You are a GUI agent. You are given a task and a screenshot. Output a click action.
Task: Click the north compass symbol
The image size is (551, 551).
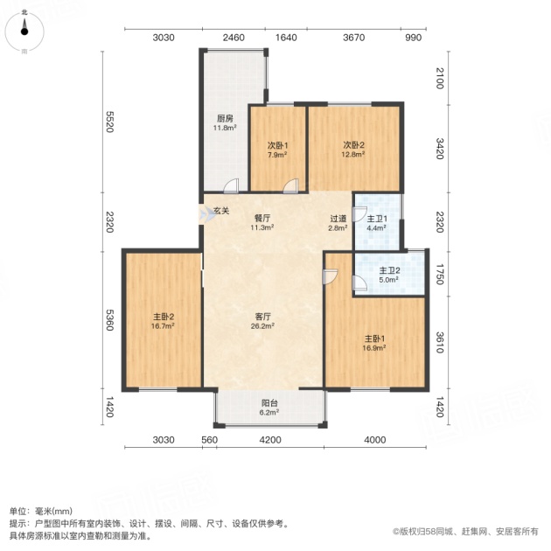(24, 31)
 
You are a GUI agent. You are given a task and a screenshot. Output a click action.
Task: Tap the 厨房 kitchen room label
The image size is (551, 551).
(225, 118)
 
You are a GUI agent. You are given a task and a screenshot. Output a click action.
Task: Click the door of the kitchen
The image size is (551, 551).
(231, 185)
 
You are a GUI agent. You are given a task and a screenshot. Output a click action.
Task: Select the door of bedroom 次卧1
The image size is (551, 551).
(290, 185)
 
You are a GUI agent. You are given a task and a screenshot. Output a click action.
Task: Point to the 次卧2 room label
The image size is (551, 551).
(353, 145)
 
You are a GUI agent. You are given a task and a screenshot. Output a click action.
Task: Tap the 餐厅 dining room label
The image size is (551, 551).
(262, 219)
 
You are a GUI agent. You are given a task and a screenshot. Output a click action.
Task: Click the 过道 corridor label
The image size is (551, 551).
(338, 219)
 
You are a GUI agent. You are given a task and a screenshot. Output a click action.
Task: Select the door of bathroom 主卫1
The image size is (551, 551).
(359, 214)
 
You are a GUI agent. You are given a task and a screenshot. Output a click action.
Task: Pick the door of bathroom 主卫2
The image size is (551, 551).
(359, 283)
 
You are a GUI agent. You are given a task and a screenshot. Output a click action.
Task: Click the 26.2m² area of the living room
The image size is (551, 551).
(262, 326)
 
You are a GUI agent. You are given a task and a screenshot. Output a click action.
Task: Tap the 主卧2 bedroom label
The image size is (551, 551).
(163, 317)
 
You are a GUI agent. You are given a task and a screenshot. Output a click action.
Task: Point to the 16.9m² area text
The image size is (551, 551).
(374, 348)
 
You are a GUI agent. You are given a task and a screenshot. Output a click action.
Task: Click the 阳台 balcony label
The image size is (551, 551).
(269, 403)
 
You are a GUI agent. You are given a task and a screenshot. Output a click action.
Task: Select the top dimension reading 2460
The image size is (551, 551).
(234, 38)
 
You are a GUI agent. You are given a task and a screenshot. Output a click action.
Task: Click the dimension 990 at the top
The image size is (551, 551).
(413, 38)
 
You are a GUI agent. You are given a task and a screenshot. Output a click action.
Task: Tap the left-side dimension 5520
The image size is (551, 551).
(110, 122)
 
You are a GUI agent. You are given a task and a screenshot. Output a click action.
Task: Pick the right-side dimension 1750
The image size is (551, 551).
(440, 275)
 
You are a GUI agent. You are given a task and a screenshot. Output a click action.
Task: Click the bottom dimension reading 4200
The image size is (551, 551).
(270, 440)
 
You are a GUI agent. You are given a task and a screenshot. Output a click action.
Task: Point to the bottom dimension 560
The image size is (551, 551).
(209, 440)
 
